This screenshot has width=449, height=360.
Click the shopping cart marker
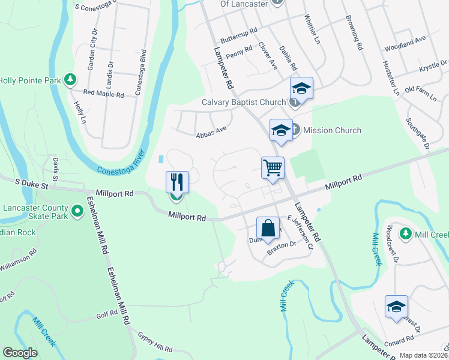273,167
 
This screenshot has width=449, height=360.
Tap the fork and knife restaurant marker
177,182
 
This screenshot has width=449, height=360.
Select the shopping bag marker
267,228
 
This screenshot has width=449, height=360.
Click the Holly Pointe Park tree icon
70,79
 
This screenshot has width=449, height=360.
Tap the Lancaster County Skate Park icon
77,211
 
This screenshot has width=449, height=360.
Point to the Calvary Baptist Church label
243,102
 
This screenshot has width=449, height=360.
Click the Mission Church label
332,130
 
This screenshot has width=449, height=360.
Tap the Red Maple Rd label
103,94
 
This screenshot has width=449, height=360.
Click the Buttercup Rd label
238,35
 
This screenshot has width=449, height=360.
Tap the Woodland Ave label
405,43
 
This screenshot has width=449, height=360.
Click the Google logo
20,353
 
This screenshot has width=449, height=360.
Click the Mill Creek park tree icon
406,233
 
